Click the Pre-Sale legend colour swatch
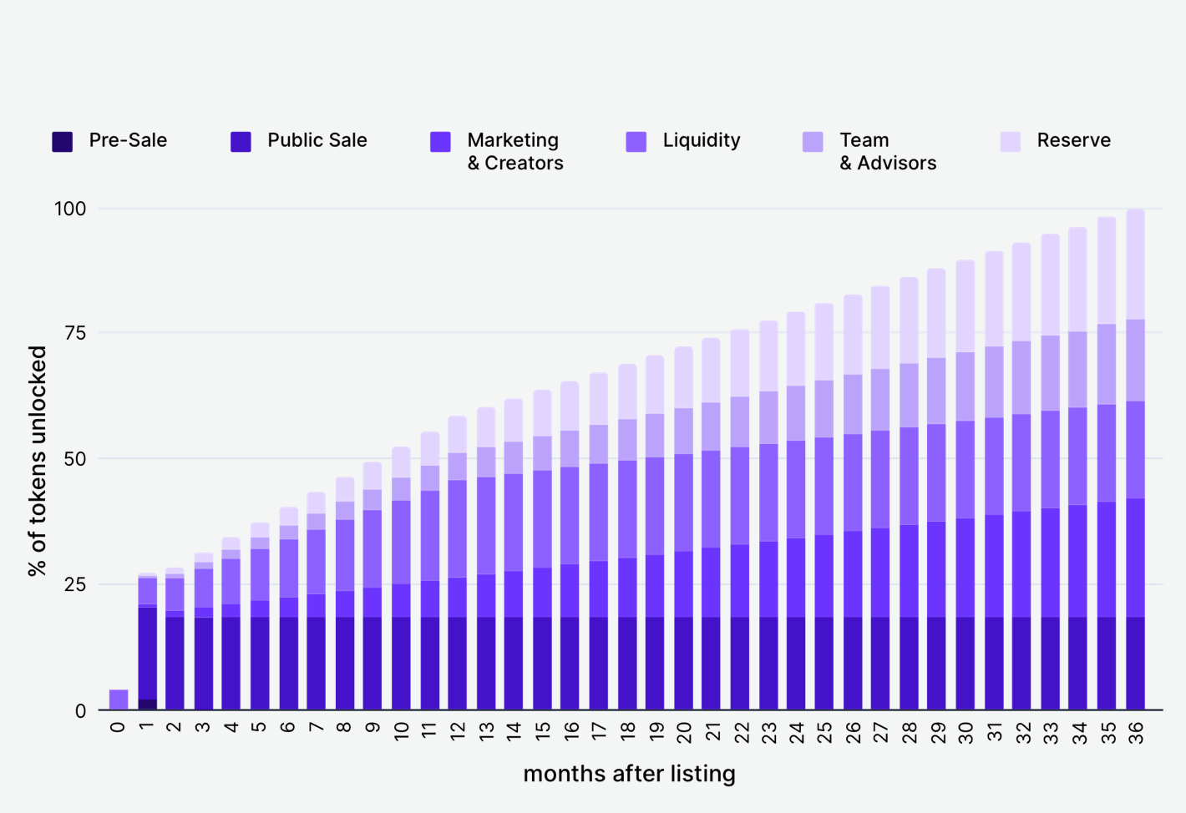coord(63,142)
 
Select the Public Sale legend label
coord(317,140)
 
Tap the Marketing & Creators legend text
coord(514,151)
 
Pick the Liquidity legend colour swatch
coord(636,142)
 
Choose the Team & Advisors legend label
coord(887,151)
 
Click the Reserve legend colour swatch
coord(1011,142)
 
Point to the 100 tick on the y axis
coord(70,209)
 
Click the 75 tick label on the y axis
coord(75,333)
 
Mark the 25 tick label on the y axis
coord(75,584)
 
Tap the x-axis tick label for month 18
coord(627,732)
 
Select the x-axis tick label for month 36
coord(1136,732)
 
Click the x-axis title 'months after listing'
coord(629,774)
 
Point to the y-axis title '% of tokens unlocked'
coord(38,461)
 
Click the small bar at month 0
coord(119,699)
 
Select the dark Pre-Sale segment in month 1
coord(147,704)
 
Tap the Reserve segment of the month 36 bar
coord(1135,264)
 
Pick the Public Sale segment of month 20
coord(683,664)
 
